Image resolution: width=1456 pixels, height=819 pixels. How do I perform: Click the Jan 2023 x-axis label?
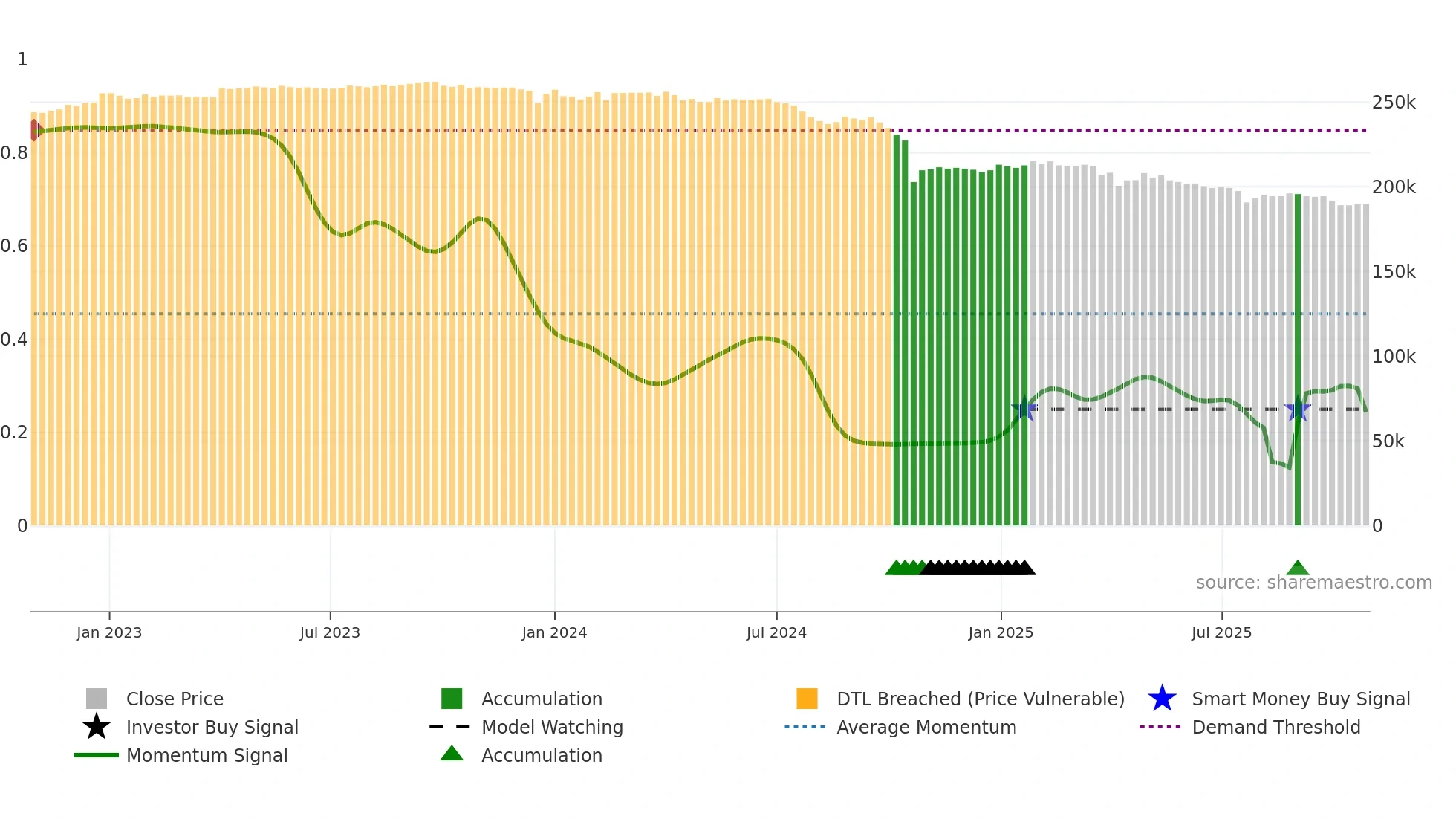tap(108, 632)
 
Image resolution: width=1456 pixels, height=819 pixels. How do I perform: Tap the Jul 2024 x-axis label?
tap(776, 632)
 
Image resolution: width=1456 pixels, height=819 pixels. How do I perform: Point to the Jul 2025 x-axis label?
tap(1221, 632)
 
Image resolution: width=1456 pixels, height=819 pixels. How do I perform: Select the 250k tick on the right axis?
tap(1394, 103)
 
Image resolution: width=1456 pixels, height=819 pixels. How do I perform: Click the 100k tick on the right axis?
tap(1394, 357)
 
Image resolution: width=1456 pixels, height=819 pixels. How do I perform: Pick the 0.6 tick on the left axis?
tap(14, 246)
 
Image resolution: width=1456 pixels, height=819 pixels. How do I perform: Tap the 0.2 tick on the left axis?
tap(14, 433)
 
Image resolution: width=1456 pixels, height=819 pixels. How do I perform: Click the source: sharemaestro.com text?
tap(1313, 583)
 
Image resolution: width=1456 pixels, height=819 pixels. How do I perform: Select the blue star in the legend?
tap(1162, 699)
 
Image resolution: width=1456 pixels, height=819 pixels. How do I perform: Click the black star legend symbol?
tap(97, 727)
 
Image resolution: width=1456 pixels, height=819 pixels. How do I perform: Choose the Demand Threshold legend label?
tap(1275, 727)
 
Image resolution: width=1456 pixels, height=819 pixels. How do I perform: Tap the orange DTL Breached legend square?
tap(807, 699)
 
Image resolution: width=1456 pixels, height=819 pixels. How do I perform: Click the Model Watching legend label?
tap(552, 727)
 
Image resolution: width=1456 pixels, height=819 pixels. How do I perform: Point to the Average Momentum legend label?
tap(926, 727)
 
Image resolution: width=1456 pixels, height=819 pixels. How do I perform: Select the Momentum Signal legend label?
tap(207, 755)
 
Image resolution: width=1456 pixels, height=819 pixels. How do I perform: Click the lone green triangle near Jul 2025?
tap(1297, 569)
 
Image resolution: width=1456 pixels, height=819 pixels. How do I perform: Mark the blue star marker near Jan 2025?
tap(1024, 409)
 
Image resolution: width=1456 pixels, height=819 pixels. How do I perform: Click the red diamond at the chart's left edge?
tap(35, 130)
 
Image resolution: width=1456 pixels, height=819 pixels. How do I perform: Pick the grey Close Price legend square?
tap(97, 699)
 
